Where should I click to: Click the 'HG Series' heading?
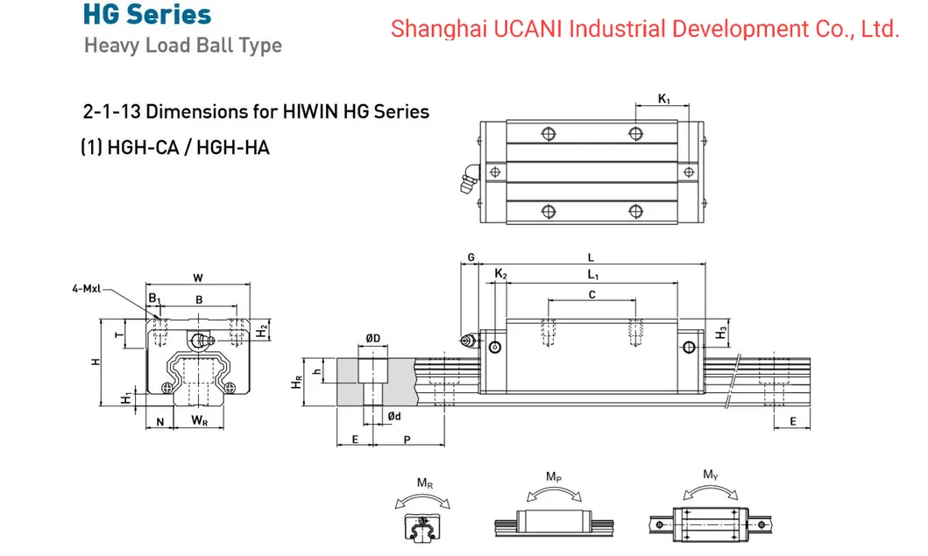point(147,15)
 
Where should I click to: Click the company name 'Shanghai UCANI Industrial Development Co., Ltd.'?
point(645,29)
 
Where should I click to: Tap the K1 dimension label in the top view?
point(664,100)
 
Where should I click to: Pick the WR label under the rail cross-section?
point(199,421)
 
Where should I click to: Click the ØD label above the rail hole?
point(372,339)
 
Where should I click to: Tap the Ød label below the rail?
point(394,417)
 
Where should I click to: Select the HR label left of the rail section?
point(296,383)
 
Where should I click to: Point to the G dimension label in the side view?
point(471,257)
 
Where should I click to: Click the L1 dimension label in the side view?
point(592,275)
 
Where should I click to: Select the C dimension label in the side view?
point(592,295)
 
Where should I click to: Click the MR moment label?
point(423,483)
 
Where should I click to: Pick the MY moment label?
point(711,475)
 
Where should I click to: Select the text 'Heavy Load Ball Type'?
point(182,46)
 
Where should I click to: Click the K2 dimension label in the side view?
point(500,275)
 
